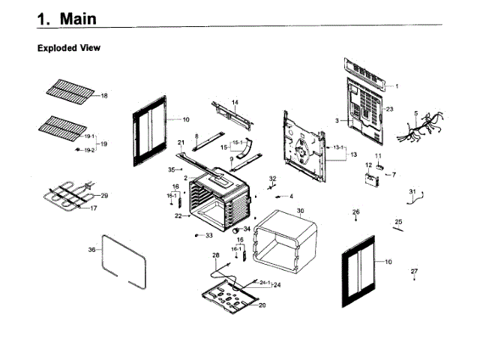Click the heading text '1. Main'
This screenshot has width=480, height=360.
(x=70, y=18)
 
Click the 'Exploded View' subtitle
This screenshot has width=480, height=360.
(x=69, y=48)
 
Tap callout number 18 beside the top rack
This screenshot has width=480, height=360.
(x=104, y=96)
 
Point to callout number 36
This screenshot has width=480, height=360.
(x=91, y=249)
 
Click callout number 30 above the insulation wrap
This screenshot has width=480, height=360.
(x=300, y=211)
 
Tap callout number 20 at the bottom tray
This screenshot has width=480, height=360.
(x=262, y=305)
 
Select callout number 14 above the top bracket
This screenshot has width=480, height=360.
(x=235, y=102)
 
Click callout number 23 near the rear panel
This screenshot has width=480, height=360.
(x=390, y=109)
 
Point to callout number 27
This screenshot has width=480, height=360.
(x=414, y=270)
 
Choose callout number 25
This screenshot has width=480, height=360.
(x=399, y=222)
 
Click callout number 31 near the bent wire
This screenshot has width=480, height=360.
(x=412, y=193)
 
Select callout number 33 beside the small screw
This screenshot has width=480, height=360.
(x=209, y=235)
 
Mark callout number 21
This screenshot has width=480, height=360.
(x=181, y=142)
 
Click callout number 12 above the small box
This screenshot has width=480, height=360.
(x=368, y=164)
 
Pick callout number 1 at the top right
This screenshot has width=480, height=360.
(x=397, y=86)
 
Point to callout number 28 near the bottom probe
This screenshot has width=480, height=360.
(x=216, y=256)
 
